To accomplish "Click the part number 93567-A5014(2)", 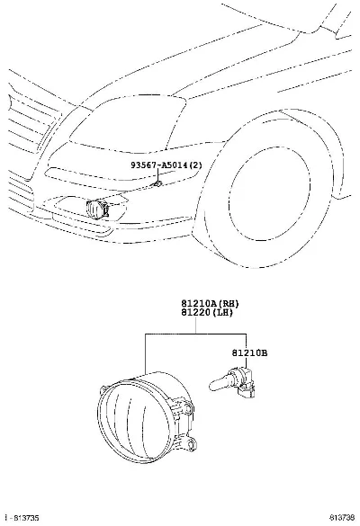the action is [x=166, y=165].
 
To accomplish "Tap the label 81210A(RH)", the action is [x=210, y=304].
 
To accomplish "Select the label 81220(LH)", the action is [x=207, y=312].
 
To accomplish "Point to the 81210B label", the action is [x=249, y=352].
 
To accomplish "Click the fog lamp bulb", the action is [x=232, y=382].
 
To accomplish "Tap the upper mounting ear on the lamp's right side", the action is [x=189, y=408].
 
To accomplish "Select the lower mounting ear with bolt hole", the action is [x=191, y=444].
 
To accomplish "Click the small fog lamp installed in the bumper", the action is [x=97, y=209].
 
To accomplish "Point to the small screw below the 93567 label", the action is [x=157, y=183].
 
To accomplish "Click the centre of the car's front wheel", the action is [x=269, y=194].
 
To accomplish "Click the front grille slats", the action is [x=31, y=123].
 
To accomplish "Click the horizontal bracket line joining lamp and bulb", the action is [x=195, y=334].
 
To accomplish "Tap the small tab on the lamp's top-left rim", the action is [x=103, y=390].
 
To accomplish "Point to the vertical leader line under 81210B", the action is [x=247, y=362].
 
